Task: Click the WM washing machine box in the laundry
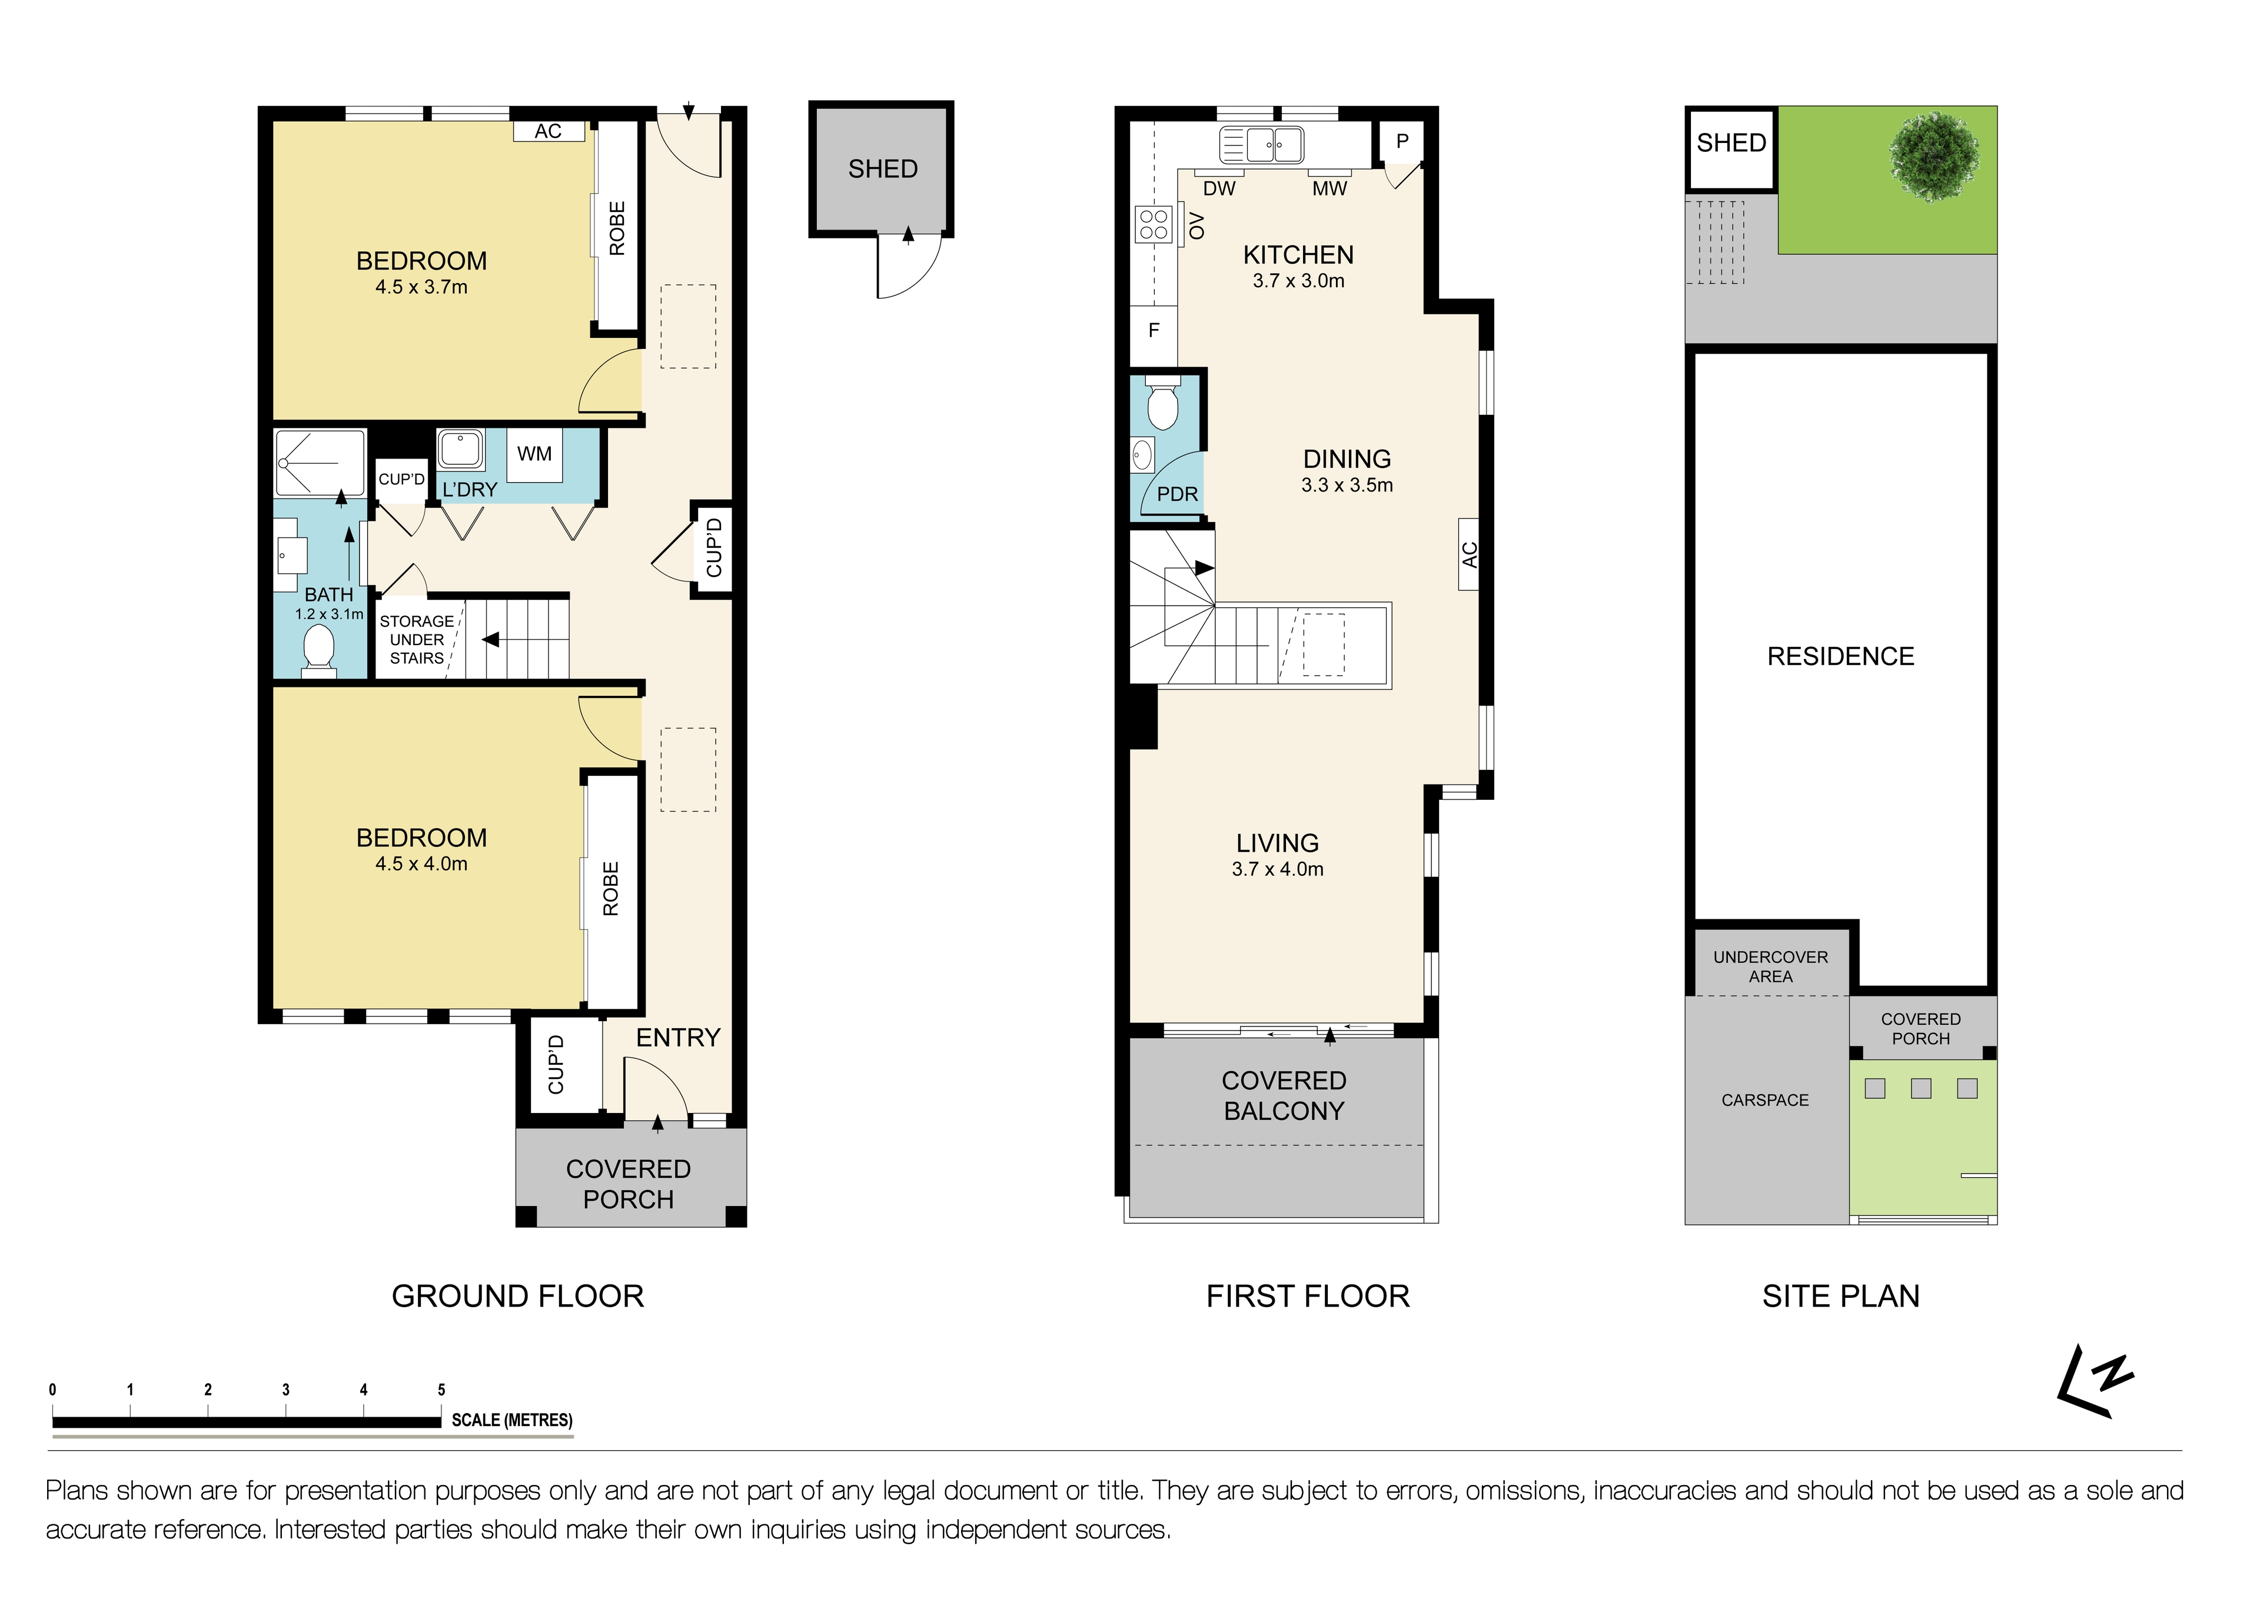tap(534, 454)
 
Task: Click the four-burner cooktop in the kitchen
tap(1154, 224)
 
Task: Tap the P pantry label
tap(1402, 142)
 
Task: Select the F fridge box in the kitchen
tap(1154, 331)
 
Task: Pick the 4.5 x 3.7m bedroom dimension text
tap(421, 287)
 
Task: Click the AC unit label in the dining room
tap(1468, 554)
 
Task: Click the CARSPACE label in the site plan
tap(1765, 1100)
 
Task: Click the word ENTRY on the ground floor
tap(677, 1038)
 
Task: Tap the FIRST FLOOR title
tap(1307, 1295)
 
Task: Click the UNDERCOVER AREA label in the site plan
tap(1770, 966)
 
